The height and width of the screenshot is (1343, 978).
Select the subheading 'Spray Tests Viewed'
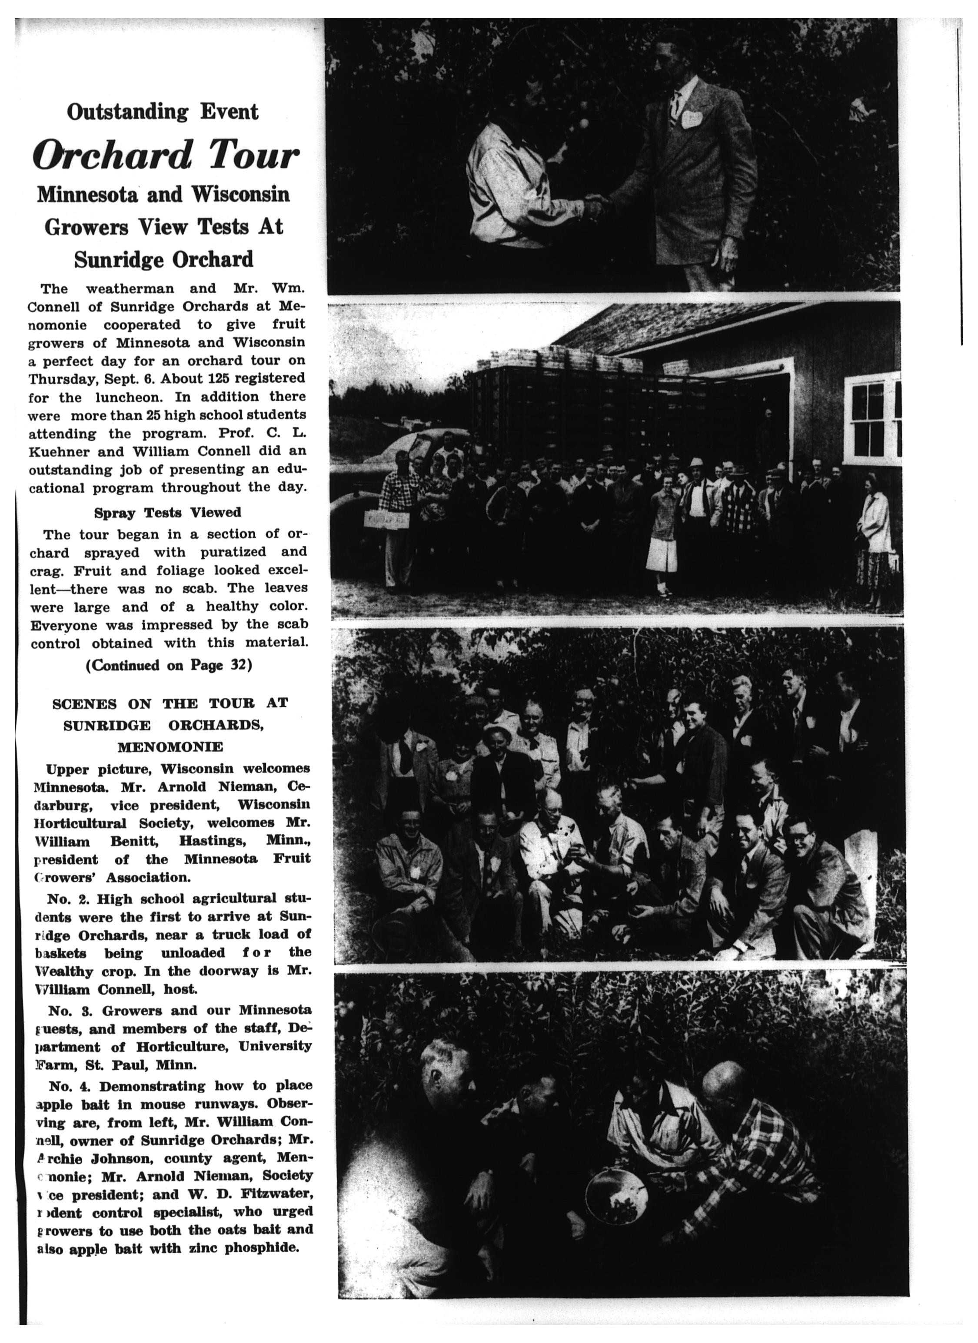168,512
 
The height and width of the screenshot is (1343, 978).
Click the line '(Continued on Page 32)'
169,665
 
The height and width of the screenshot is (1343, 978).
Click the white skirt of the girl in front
661,554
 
